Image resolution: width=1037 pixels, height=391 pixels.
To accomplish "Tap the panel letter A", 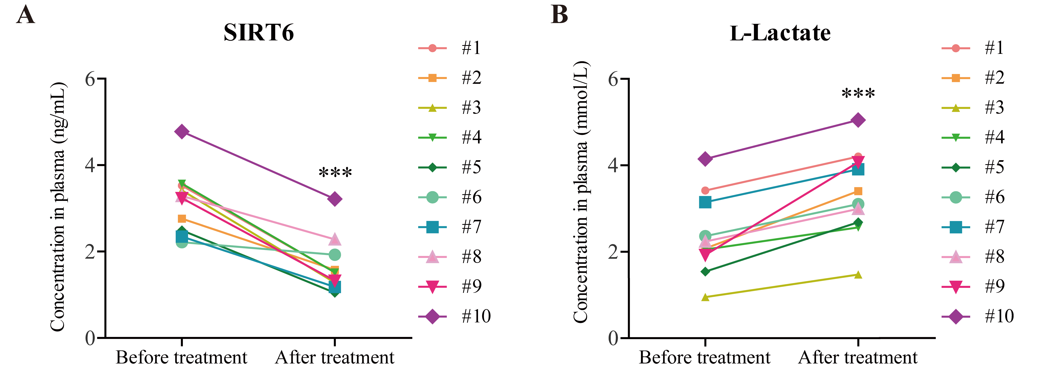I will [x=25, y=15].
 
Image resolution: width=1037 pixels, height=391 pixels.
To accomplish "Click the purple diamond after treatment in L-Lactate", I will [x=858, y=120].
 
